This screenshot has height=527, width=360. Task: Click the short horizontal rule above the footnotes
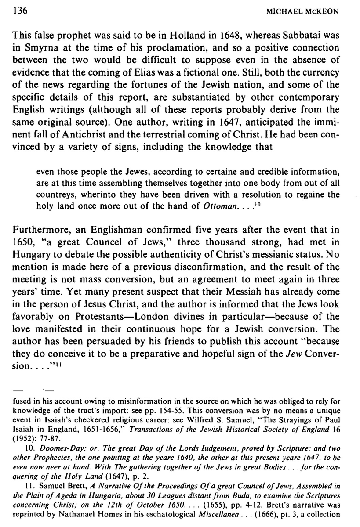pyautogui.click(x=33, y=390)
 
